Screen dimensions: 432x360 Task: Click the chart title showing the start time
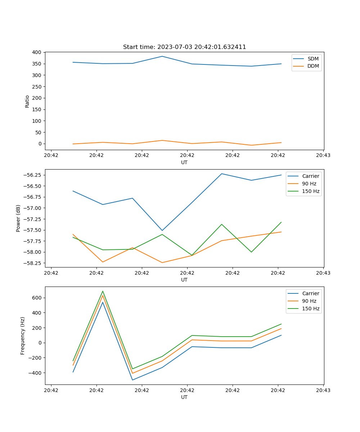point(184,47)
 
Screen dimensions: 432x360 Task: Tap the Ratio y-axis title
point(27,101)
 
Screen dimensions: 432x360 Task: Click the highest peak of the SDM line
point(162,56)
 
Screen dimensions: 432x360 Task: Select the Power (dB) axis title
point(18,218)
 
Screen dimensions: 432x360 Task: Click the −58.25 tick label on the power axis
point(32,263)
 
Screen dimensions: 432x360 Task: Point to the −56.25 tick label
point(32,175)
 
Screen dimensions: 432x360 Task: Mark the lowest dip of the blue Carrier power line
point(162,230)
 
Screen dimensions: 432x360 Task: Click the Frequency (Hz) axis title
point(23,336)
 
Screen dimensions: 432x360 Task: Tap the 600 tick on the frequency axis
point(37,298)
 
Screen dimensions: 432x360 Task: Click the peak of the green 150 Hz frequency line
point(103,291)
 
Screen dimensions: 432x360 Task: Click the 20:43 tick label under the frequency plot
point(323,390)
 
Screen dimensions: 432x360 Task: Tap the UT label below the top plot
point(184,162)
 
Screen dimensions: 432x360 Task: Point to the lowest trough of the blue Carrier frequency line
point(132,380)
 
